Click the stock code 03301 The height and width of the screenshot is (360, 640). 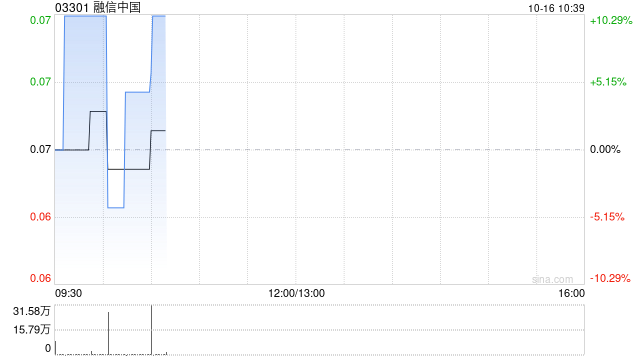[x=72, y=7]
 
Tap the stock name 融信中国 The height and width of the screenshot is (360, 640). [x=117, y=7]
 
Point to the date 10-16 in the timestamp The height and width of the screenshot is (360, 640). [x=542, y=8]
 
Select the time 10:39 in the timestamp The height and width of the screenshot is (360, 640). [x=571, y=8]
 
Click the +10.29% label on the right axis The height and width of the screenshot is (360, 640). [x=611, y=20]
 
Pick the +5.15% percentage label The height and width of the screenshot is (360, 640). [x=608, y=82]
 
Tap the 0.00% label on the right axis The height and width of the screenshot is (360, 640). [x=605, y=149]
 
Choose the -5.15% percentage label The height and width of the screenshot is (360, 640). [x=607, y=217]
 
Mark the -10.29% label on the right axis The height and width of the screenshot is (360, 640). [x=610, y=278]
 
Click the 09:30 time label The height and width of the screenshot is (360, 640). [x=68, y=293]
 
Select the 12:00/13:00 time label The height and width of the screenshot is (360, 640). [x=297, y=293]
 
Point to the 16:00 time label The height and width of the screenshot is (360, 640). [x=571, y=293]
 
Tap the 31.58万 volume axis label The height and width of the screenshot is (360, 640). [x=31, y=311]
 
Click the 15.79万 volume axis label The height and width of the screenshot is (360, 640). [x=31, y=329]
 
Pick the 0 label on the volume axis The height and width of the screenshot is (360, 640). [x=48, y=348]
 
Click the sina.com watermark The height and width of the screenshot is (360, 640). [x=553, y=279]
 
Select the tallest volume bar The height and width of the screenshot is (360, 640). [x=151, y=330]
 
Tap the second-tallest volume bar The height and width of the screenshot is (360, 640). [x=109, y=333]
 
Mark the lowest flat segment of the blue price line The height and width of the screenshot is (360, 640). [x=116, y=208]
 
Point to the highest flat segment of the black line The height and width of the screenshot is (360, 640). [x=98, y=111]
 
